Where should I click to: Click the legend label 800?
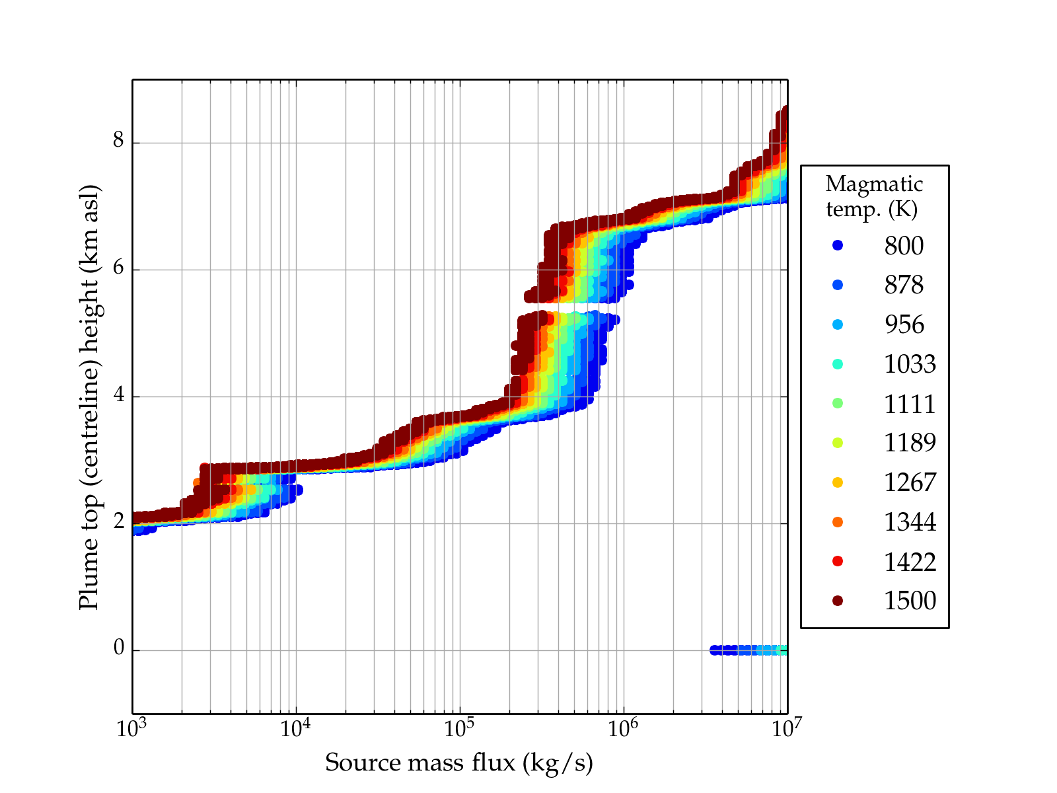904,246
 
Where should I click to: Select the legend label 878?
904,285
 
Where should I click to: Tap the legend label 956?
904,324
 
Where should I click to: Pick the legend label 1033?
910,364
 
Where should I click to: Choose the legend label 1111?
910,404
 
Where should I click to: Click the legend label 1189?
910,443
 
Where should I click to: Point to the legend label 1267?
910,482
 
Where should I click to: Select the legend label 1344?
910,522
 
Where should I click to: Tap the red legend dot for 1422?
838,561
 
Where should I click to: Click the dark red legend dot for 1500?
838,601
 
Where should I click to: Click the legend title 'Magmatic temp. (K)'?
874,196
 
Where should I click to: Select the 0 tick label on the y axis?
119,649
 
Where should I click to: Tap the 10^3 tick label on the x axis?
132,729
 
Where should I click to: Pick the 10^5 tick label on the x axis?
460,729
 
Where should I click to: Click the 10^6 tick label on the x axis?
624,729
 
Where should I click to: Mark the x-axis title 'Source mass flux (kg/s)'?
459,763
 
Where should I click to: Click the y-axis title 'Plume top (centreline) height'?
89,397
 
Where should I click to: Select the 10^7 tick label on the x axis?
786,729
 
